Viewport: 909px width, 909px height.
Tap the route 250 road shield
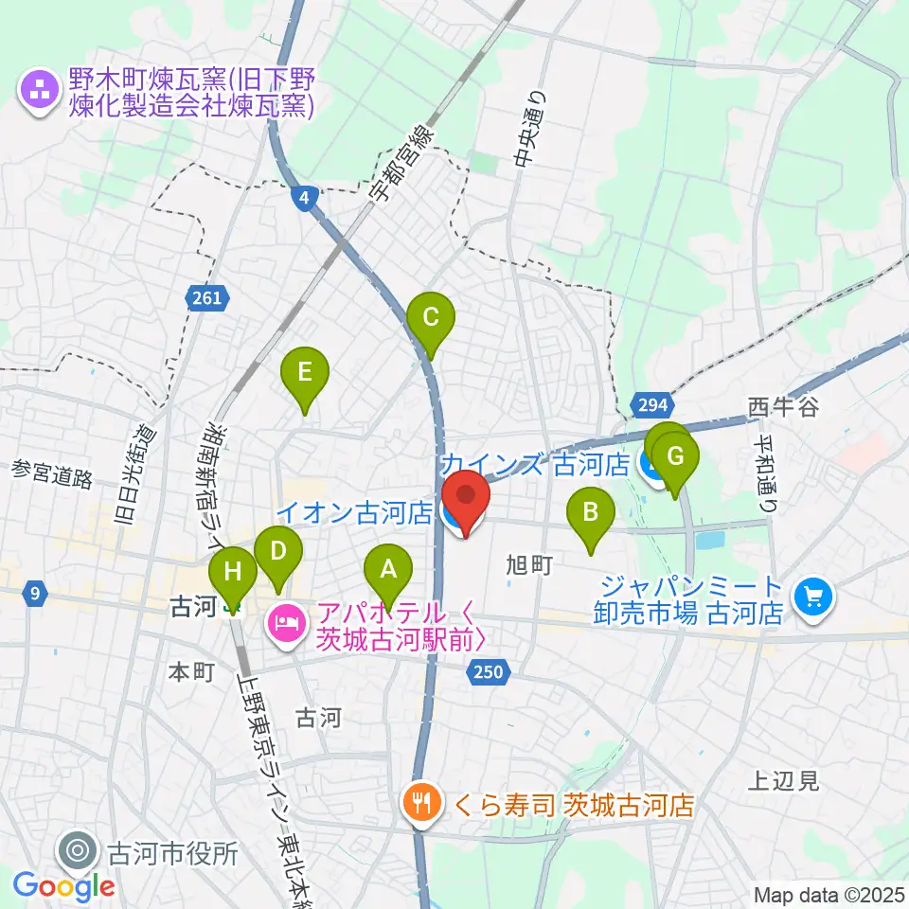[490, 672]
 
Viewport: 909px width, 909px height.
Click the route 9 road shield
[34, 595]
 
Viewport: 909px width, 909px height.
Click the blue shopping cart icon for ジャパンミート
[812, 597]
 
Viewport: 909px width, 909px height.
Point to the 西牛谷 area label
[782, 408]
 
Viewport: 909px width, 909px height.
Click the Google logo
[63, 886]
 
